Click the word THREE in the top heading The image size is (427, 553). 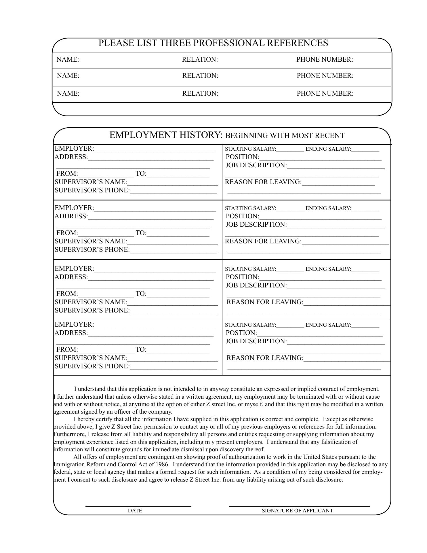(x=175, y=43)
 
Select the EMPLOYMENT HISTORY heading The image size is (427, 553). (x=166, y=135)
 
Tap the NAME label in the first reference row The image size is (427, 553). (x=68, y=60)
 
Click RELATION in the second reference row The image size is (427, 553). (x=200, y=76)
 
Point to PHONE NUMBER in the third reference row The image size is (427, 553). (x=325, y=94)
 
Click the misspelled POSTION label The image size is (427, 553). (x=241, y=333)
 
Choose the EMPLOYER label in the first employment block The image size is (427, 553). (x=74, y=149)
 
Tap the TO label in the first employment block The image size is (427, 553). (x=141, y=174)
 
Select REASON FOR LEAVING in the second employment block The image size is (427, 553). (x=263, y=241)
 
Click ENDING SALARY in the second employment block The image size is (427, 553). (x=328, y=208)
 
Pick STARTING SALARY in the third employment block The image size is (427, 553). (x=250, y=269)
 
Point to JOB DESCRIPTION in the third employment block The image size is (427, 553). (x=256, y=285)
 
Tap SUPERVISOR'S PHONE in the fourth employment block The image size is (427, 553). (x=92, y=366)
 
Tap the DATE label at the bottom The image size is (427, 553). (x=135, y=511)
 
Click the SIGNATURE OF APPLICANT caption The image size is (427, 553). (x=297, y=511)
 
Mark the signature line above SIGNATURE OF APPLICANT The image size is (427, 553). (x=299, y=506)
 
